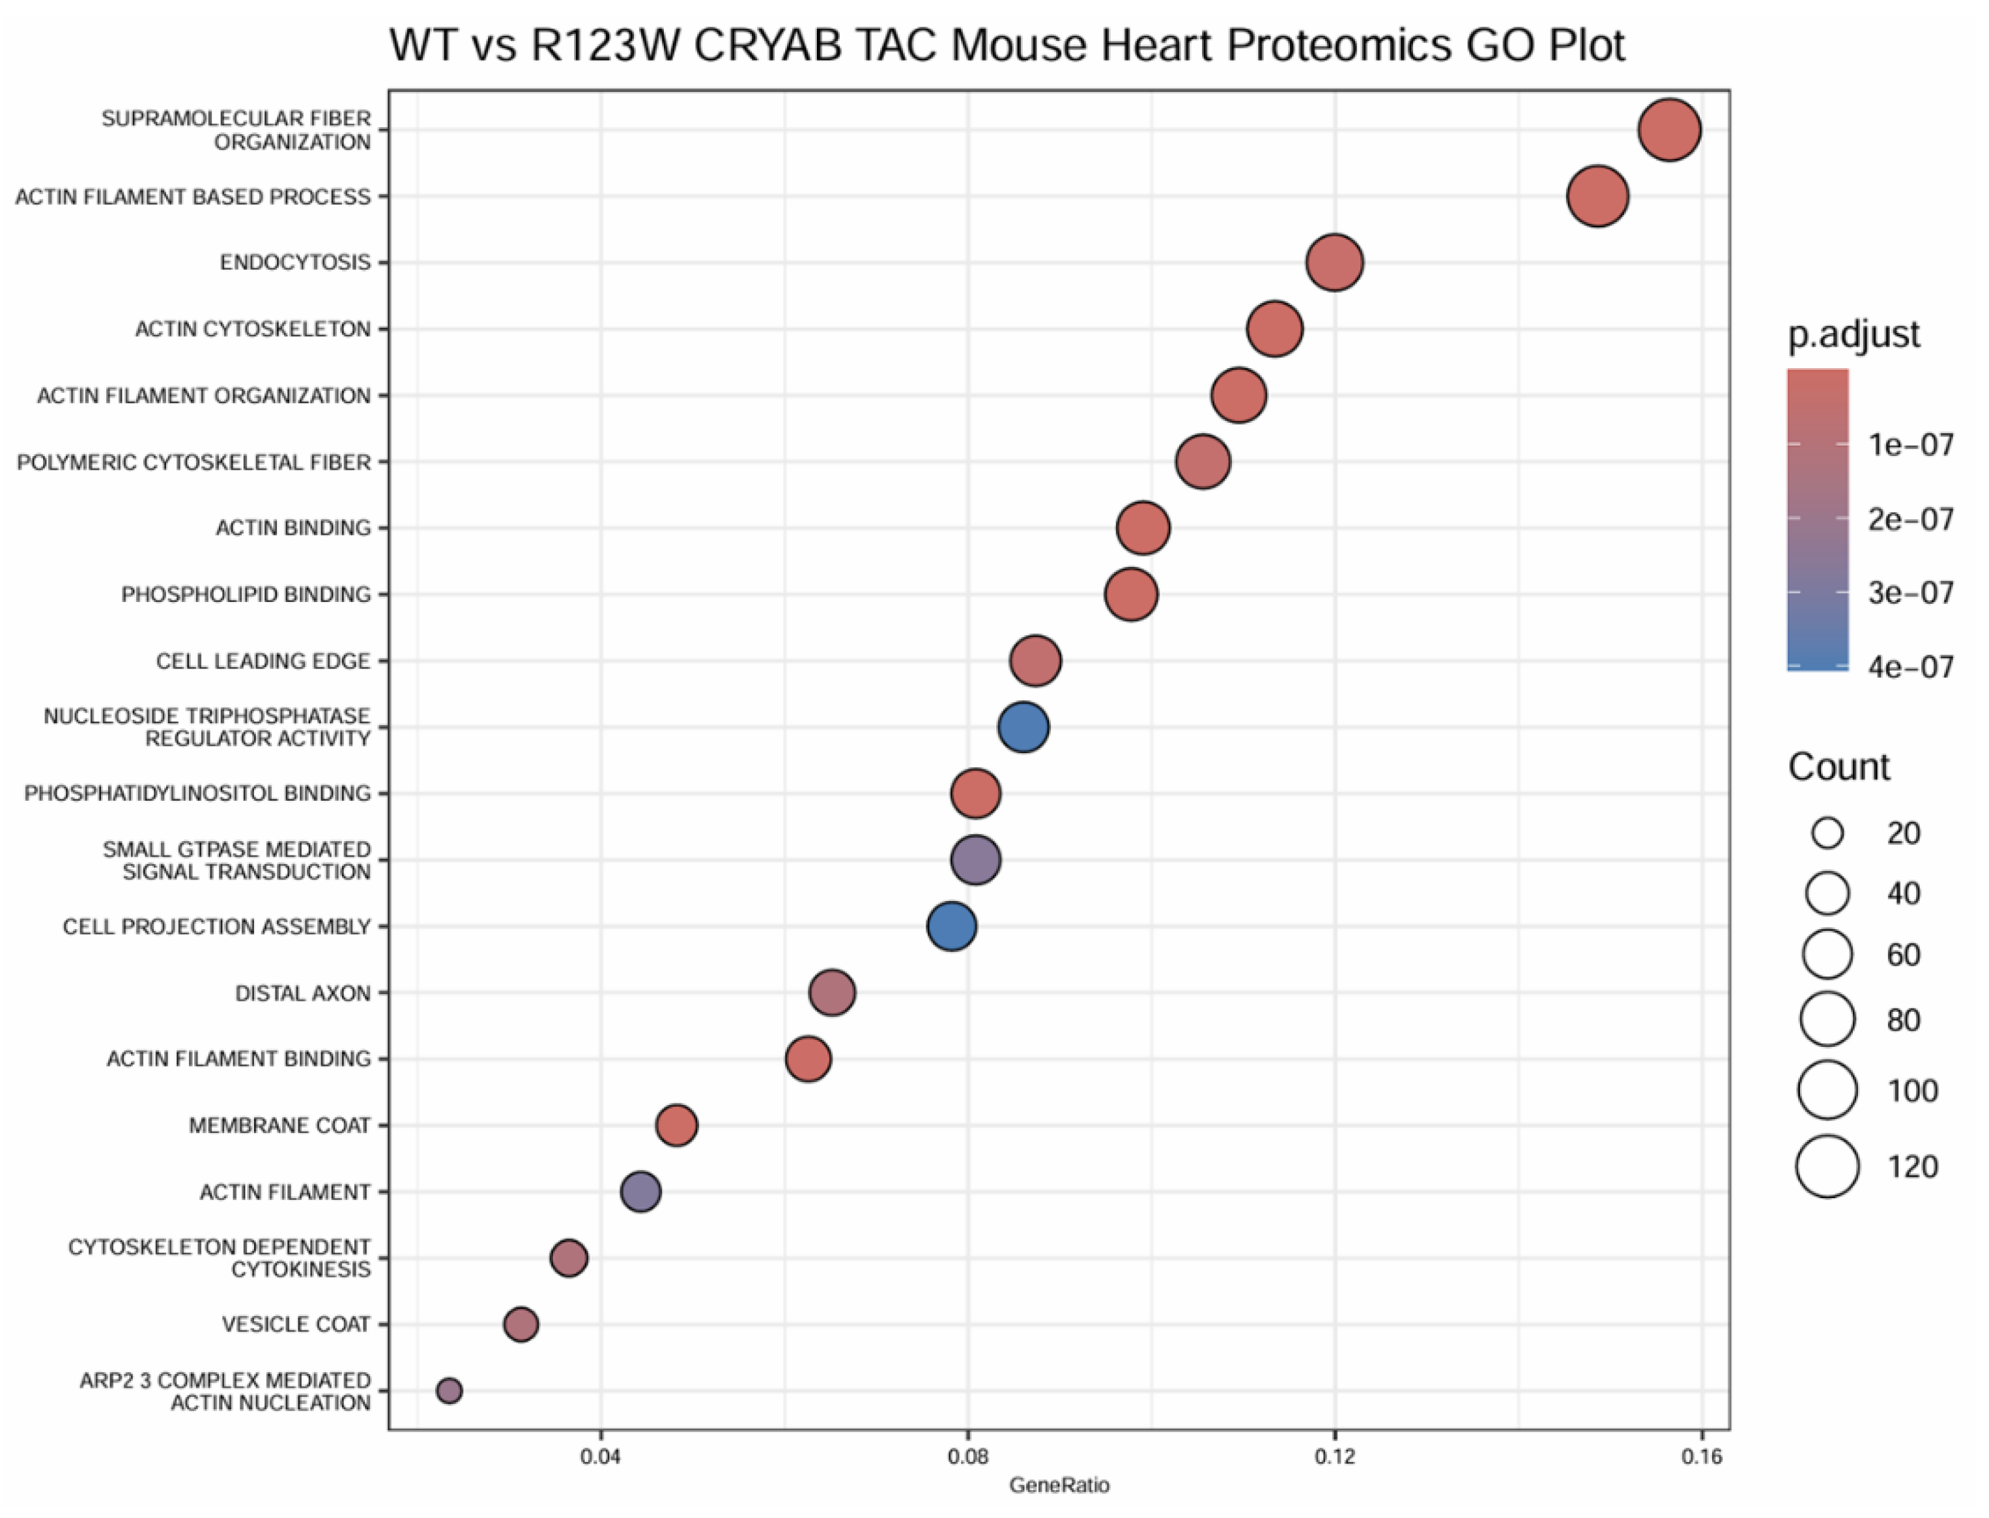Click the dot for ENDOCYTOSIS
(x=1334, y=263)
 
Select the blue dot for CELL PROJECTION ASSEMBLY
(x=951, y=926)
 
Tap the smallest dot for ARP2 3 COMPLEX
(x=449, y=1390)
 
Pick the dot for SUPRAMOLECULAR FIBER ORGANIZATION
(x=1668, y=130)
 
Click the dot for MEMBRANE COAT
(x=676, y=1125)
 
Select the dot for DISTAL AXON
(x=831, y=993)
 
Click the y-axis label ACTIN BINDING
(x=293, y=528)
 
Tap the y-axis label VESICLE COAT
(x=296, y=1325)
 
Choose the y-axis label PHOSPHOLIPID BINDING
(x=246, y=595)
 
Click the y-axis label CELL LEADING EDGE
(x=263, y=661)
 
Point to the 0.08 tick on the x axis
(x=968, y=1457)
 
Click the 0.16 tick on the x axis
(x=1702, y=1457)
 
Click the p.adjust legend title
(x=1853, y=334)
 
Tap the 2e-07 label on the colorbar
(x=1910, y=519)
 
